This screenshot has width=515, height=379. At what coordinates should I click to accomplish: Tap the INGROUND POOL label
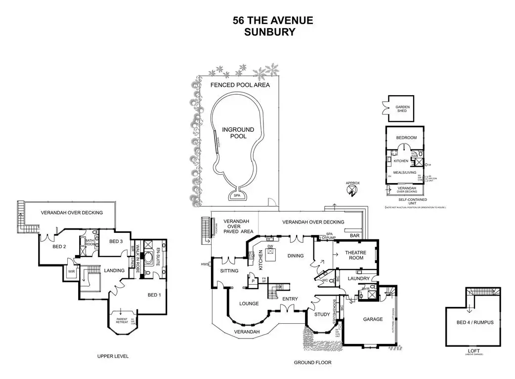pyautogui.click(x=238, y=133)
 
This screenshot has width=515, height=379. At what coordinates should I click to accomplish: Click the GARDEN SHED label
pyautogui.click(x=402, y=109)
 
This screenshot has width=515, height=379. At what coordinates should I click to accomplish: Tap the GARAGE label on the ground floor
pyautogui.click(x=373, y=319)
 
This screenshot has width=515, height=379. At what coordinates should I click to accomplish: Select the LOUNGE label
pyautogui.click(x=249, y=303)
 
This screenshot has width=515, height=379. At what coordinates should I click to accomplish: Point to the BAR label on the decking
pyautogui.click(x=354, y=236)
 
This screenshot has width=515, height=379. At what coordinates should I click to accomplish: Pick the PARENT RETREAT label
pyautogui.click(x=122, y=321)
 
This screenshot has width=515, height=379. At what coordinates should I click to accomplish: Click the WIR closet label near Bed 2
pyautogui.click(x=71, y=271)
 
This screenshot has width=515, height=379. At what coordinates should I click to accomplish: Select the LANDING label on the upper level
pyautogui.click(x=113, y=270)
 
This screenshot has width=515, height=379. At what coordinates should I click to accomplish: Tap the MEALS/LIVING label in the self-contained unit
pyautogui.click(x=404, y=172)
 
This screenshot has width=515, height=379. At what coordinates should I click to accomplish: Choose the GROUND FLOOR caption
pyautogui.click(x=312, y=362)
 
